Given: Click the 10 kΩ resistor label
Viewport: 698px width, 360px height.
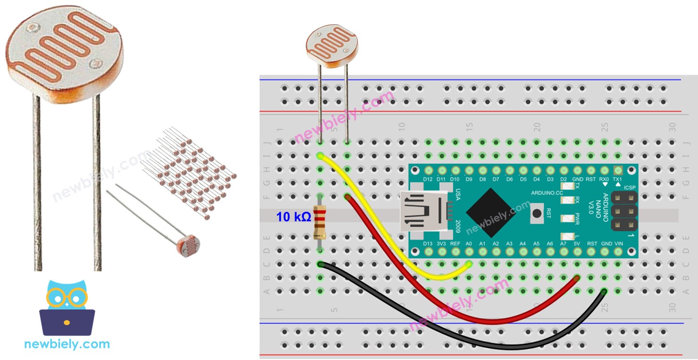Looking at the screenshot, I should pyautogui.click(x=294, y=217).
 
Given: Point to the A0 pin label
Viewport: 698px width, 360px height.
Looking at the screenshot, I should pyautogui.click(x=469, y=243).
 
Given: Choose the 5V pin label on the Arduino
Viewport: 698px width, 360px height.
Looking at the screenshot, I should pyautogui.click(x=577, y=243).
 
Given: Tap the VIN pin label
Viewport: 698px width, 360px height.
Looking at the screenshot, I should pyautogui.click(x=618, y=243).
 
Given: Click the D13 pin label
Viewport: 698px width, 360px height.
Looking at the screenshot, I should pyautogui.click(x=428, y=243).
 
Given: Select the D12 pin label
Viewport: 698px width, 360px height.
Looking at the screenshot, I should pyautogui.click(x=428, y=179).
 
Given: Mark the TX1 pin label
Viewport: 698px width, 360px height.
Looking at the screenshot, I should pyautogui.click(x=617, y=179).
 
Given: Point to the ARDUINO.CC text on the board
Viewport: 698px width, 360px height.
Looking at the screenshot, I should pyautogui.click(x=547, y=193).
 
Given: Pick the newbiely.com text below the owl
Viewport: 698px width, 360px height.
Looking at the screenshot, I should pyautogui.click(x=67, y=344).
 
